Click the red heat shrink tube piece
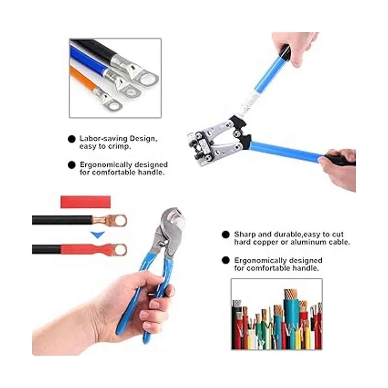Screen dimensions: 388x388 86,202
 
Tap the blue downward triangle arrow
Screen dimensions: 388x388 98,235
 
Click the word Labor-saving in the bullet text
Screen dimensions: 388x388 103,138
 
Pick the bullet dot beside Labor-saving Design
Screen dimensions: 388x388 72,139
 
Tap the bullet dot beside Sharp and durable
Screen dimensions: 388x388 226,234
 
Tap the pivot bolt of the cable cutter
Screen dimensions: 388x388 163,243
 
